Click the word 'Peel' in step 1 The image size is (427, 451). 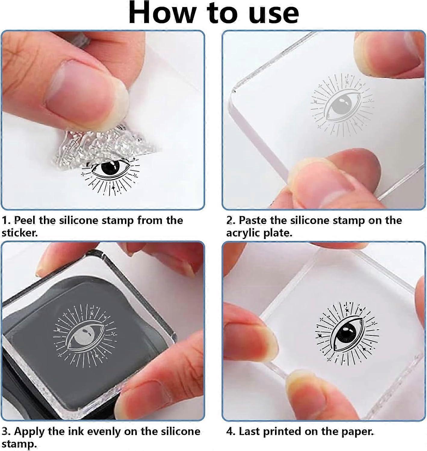tap(25, 220)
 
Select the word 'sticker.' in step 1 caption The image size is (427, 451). tap(20, 233)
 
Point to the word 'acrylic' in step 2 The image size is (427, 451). tap(243, 233)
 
